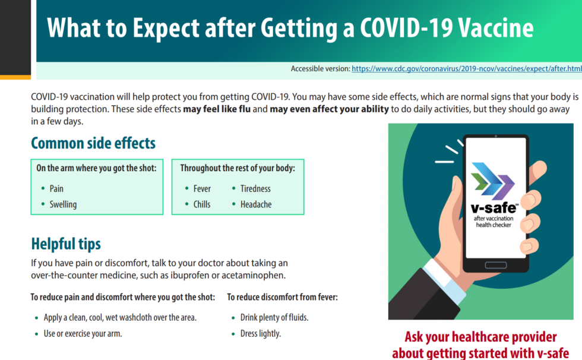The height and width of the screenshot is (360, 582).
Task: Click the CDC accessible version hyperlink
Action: pos(467,69)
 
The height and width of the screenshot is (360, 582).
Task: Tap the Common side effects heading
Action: pos(93,143)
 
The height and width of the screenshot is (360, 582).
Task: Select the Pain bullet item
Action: pos(56,188)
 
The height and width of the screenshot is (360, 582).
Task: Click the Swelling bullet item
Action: pos(63,204)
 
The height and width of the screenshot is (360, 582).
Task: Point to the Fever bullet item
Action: pos(202,188)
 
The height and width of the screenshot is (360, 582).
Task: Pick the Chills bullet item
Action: pos(202,204)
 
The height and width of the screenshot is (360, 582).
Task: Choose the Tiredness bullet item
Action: pos(255,188)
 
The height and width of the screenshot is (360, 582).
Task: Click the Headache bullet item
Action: pos(256,204)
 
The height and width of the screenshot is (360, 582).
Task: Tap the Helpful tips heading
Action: pos(66,244)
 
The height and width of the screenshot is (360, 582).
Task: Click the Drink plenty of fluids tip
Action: pos(274,318)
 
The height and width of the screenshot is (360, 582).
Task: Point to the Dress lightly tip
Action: pos(261,334)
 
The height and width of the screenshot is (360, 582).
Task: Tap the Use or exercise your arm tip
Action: pos(83,334)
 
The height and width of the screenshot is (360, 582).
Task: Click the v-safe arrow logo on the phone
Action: pos(493,181)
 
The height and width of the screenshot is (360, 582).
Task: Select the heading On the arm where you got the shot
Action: pos(96,168)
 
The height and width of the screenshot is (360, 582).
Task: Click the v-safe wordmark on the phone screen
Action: pos(494,208)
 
